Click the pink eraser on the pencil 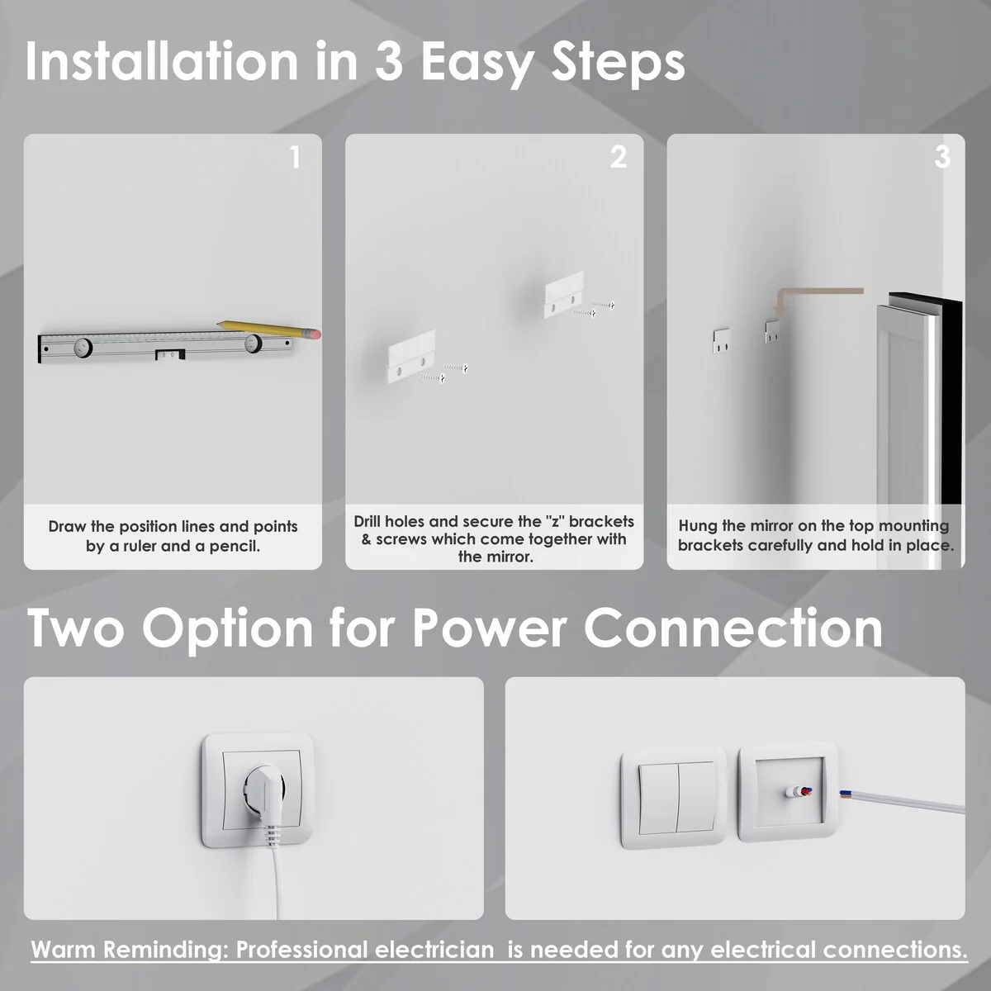coord(315,334)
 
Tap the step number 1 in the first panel coord(295,157)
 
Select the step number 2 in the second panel coord(619,157)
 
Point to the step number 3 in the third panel coord(942,157)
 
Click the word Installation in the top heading coord(162,62)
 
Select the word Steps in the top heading coord(618,64)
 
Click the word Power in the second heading coord(489,628)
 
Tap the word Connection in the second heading coord(733,628)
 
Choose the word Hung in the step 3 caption coord(698,526)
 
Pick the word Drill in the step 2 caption coord(367,521)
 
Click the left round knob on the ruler coord(83,347)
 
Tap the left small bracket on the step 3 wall coord(721,341)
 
